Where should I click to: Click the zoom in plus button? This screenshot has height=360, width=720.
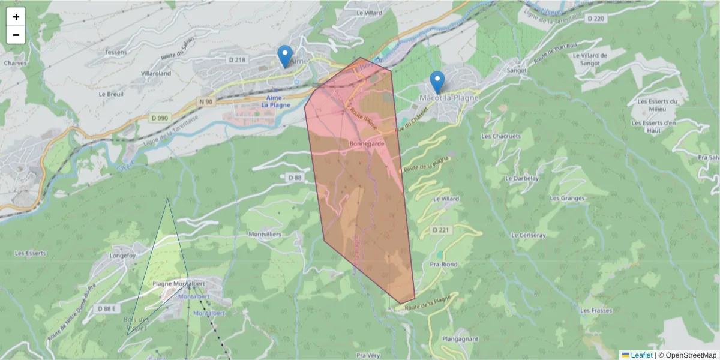pyautogui.click(x=16, y=17)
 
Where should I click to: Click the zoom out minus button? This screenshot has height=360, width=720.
pyautogui.click(x=16, y=35)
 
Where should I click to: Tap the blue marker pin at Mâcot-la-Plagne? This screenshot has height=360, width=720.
pyautogui.click(x=438, y=82)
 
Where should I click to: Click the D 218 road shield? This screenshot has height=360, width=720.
pyautogui.click(x=238, y=59)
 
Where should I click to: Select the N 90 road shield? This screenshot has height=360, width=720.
pyautogui.click(x=205, y=102)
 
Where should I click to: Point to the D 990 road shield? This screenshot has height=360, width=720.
pyautogui.click(x=159, y=118)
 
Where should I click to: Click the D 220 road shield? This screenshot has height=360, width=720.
pyautogui.click(x=596, y=19)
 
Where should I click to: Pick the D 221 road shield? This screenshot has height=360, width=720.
pyautogui.click(x=440, y=230)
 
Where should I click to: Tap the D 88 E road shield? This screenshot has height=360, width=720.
pyautogui.click(x=107, y=308)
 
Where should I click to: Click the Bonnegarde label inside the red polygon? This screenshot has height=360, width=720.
pyautogui.click(x=367, y=145)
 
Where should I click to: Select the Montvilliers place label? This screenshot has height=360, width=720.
pyautogui.click(x=265, y=234)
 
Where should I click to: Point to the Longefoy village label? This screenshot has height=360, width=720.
pyautogui.click(x=123, y=256)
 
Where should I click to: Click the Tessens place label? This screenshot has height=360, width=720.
pyautogui.click(x=116, y=52)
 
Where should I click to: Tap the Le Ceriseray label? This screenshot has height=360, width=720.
pyautogui.click(x=529, y=235)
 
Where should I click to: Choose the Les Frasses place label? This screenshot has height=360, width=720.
pyautogui.click(x=596, y=310)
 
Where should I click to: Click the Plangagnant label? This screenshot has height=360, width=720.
pyautogui.click(x=460, y=338)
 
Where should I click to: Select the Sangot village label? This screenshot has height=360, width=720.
pyautogui.click(x=517, y=70)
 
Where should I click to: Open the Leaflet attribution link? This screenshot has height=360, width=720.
pyautogui.click(x=641, y=355)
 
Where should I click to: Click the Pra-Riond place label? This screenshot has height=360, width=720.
pyautogui.click(x=444, y=264)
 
